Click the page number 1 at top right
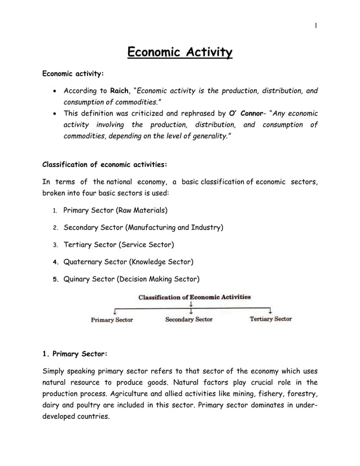point(316,25)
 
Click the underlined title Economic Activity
point(179,53)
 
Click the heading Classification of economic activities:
point(104,165)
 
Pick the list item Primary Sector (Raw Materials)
point(115,210)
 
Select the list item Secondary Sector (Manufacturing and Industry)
point(143,227)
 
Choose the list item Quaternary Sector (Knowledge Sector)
point(128,262)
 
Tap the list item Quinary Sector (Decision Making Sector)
point(131,279)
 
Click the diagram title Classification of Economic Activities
point(195,297)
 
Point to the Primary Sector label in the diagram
point(112,320)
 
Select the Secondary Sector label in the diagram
point(188,319)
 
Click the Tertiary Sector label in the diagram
point(270,319)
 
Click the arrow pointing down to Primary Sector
point(115,311)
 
